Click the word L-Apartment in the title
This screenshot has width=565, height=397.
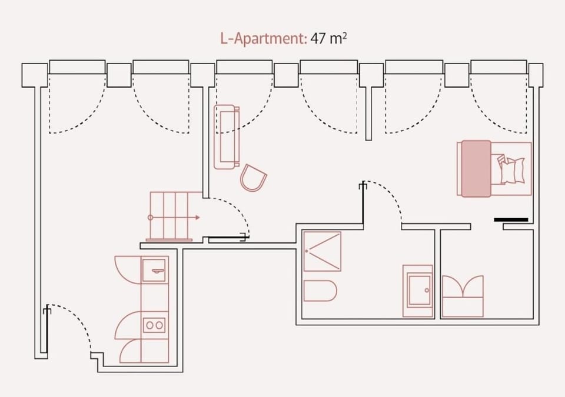tap(263, 39)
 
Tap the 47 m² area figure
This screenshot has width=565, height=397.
tap(328, 38)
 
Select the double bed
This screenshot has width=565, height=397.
tap(494, 169)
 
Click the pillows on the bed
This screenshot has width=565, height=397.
tap(511, 170)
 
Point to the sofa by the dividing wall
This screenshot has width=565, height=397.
tap(226, 137)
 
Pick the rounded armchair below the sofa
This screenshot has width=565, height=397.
tap(253, 178)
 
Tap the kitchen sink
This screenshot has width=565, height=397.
tap(155, 270)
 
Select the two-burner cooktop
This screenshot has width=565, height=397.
tap(155, 325)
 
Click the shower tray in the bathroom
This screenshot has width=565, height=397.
tap(322, 251)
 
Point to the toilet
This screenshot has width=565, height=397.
tap(320, 291)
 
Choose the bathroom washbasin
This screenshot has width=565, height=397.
tap(418, 291)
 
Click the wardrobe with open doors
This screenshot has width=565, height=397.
tap(463, 296)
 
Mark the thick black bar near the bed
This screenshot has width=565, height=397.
tap(511, 219)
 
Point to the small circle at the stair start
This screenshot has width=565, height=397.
tap(150, 218)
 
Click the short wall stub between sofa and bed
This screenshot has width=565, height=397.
tap(368, 114)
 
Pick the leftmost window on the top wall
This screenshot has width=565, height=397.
tap(77, 67)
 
